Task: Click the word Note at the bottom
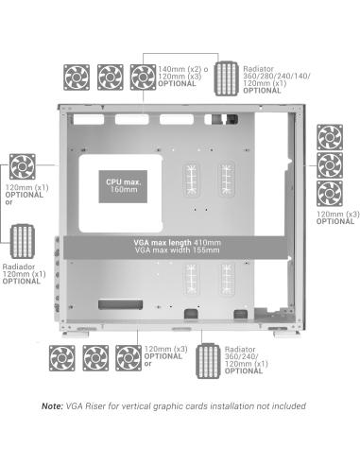[x=55, y=405]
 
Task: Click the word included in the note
[x=284, y=405]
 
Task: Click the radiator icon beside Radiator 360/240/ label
[x=211, y=358]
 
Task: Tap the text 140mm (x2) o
[x=179, y=68]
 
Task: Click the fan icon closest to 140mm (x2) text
[x=142, y=75]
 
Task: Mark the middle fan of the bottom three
[x=95, y=356]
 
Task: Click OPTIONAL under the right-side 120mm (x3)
[x=335, y=221]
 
